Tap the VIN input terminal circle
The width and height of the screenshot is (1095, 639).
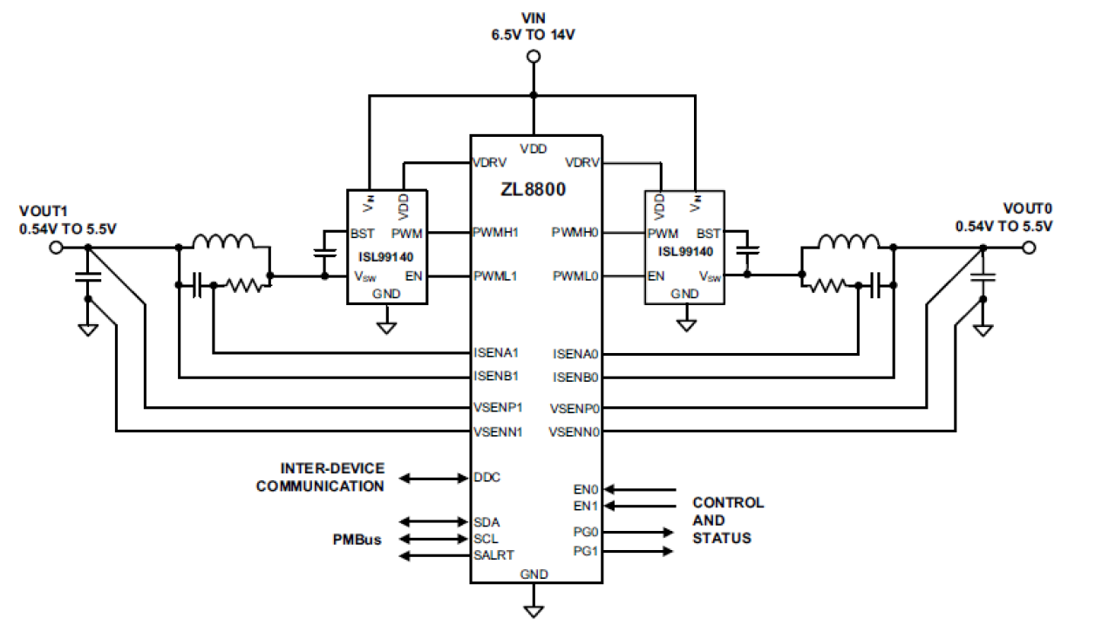pyautogui.click(x=534, y=57)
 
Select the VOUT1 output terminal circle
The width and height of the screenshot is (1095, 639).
pyautogui.click(x=56, y=248)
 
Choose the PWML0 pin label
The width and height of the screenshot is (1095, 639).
pyautogui.click(x=575, y=276)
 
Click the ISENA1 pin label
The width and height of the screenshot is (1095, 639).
pyautogui.click(x=496, y=353)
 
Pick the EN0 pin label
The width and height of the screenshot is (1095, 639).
pyautogui.click(x=586, y=490)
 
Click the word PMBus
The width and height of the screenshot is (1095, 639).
pyautogui.click(x=357, y=540)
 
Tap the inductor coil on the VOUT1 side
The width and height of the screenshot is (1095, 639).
pyautogui.click(x=223, y=241)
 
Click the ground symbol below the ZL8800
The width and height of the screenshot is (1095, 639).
pyautogui.click(x=534, y=609)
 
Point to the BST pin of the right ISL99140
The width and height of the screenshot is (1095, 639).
pyautogui.click(x=709, y=233)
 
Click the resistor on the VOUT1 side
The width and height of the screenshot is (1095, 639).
pyautogui.click(x=241, y=284)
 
